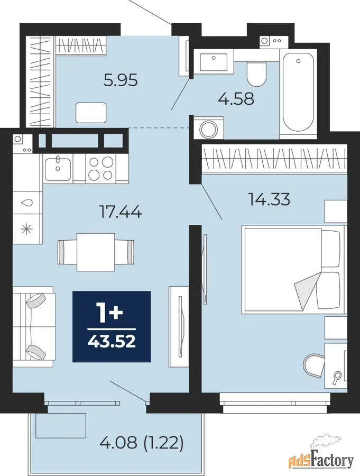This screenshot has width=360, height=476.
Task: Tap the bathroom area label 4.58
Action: [236, 99]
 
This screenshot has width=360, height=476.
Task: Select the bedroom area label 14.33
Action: [269, 199]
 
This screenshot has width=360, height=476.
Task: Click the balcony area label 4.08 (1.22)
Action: [142, 443]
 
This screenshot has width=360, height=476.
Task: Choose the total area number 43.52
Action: [112, 342]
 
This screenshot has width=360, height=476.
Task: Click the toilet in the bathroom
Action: [257, 74]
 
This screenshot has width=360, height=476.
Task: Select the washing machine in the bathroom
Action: [209, 128]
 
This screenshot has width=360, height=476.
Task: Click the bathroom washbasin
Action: [214, 62]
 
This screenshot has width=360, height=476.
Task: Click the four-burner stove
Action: [101, 169]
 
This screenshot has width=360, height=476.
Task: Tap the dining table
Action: [96, 252]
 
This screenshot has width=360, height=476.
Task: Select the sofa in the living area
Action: [33, 326]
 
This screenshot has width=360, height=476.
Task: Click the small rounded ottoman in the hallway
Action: [91, 113]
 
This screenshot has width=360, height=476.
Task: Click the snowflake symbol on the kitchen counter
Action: [27, 228]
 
